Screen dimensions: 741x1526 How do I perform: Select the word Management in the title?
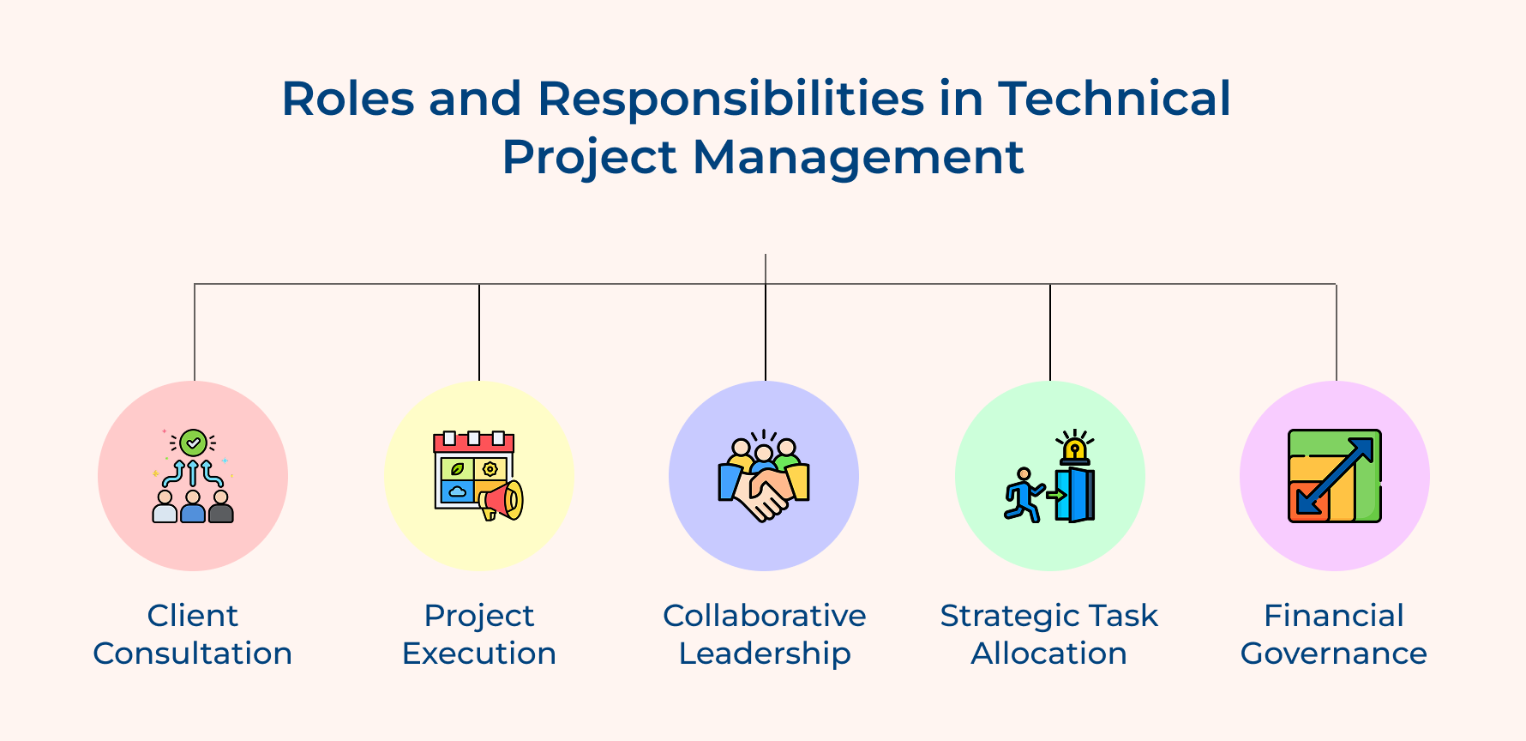coord(857,157)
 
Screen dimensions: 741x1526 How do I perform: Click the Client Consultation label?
coord(193,634)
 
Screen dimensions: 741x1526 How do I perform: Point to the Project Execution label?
coord(479,634)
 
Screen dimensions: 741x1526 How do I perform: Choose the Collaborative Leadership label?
coord(765,634)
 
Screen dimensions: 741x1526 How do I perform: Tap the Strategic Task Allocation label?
coord(1049,634)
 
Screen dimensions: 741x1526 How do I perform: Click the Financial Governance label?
coord(1334,634)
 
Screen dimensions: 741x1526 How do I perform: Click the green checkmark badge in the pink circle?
coord(194,443)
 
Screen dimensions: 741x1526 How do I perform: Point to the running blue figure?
coord(1022,496)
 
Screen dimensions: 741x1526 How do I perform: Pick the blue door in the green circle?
coord(1077,495)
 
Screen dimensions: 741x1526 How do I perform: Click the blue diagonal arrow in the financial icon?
coord(1335,476)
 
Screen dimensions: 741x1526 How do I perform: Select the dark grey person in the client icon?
coord(221,508)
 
